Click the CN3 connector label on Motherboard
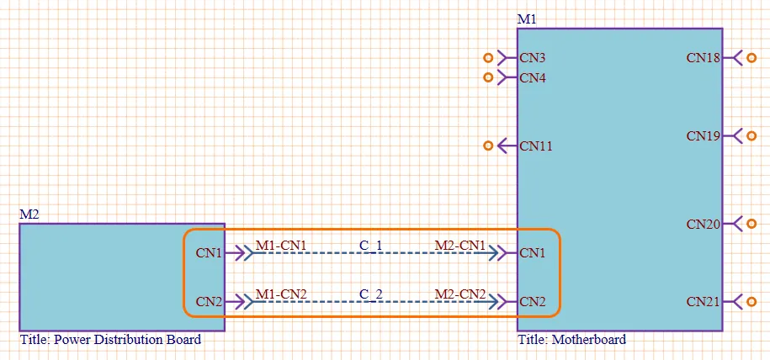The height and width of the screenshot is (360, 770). click(x=533, y=58)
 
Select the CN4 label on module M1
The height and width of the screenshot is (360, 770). click(x=533, y=77)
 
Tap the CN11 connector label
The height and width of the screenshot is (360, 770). click(x=536, y=146)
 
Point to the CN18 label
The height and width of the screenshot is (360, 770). click(x=704, y=58)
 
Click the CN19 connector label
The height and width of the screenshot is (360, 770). click(x=704, y=135)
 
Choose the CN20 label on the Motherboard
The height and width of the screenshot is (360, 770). click(x=704, y=224)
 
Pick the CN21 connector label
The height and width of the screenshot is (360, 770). click(x=704, y=302)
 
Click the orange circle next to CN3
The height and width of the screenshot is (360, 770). click(x=488, y=58)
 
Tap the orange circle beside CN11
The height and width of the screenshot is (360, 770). click(x=488, y=146)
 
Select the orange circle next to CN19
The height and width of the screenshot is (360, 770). click(x=751, y=135)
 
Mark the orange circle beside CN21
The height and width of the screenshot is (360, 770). click(x=751, y=302)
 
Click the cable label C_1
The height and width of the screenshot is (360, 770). click(x=371, y=245)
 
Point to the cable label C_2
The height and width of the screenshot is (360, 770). click(x=371, y=294)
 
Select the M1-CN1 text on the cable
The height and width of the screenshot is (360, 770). click(x=281, y=245)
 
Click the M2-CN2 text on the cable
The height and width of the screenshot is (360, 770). click(x=460, y=294)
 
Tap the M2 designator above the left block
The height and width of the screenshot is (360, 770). click(x=29, y=214)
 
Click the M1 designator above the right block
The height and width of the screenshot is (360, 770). click(x=527, y=19)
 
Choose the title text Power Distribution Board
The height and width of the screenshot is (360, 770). click(x=127, y=339)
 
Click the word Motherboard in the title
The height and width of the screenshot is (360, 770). click(x=589, y=339)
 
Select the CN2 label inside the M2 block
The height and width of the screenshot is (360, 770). click(x=209, y=302)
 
